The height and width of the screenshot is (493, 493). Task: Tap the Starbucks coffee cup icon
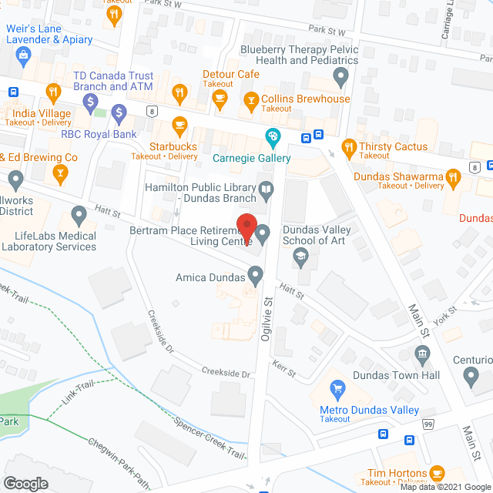pyautogui.click(x=179, y=125)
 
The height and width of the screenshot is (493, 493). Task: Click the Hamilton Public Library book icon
pyautogui.click(x=266, y=188)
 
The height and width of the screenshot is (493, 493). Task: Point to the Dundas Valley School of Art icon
pyautogui.click(x=302, y=257)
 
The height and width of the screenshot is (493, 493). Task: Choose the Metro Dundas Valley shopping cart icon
pyautogui.click(x=337, y=388)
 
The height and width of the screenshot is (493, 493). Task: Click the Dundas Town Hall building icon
pyautogui.click(x=422, y=355)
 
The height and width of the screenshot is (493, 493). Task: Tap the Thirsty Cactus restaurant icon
pyautogui.click(x=349, y=146)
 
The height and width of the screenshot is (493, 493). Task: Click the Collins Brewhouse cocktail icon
pyautogui.click(x=250, y=99)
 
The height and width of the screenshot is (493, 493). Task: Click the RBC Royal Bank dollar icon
pyautogui.click(x=119, y=115)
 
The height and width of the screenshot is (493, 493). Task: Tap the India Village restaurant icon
pyautogui.click(x=53, y=94)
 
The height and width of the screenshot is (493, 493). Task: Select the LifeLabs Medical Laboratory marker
pyautogui.click(x=78, y=213)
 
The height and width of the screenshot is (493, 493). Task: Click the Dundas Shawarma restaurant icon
pyautogui.click(x=454, y=179)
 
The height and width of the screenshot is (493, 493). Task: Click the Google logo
pyautogui.click(x=25, y=483)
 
